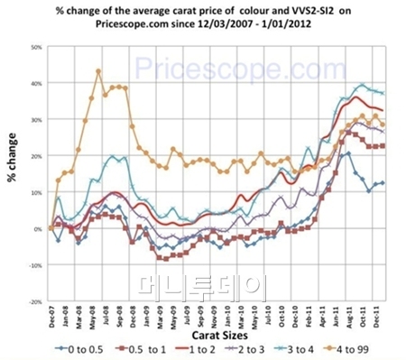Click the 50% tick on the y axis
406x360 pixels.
35,46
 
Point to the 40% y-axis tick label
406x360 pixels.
35,83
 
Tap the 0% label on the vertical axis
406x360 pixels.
37,228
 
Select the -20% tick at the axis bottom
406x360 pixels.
33,301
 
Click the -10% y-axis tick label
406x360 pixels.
33,265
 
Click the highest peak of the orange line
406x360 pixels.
98,70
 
